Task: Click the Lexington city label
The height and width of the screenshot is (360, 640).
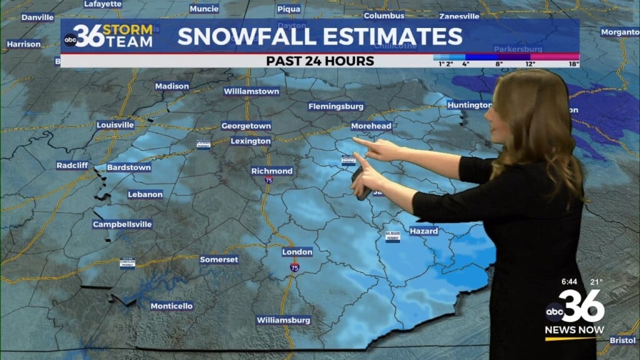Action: (251, 141)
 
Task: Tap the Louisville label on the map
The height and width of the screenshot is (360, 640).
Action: (115, 125)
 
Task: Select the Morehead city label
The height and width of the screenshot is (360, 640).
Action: (371, 126)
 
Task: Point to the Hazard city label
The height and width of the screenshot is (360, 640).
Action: (424, 231)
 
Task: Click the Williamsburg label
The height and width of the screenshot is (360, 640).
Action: (283, 321)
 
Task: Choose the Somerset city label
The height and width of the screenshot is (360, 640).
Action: (219, 260)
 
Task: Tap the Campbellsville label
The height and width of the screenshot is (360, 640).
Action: (122, 224)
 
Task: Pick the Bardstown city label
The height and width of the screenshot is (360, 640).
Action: (129, 168)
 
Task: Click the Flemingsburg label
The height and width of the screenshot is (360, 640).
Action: (336, 107)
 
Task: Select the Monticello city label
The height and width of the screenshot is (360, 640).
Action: (171, 306)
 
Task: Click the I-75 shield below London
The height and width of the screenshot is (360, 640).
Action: (294, 267)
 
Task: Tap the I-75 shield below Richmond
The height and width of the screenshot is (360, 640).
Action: (268, 180)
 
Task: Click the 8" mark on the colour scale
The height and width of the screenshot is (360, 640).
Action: (499, 64)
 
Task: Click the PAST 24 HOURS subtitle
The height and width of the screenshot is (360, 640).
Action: (320, 61)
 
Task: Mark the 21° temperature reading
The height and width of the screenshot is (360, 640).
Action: (596, 282)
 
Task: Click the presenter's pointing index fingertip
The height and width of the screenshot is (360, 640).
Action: (355, 140)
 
